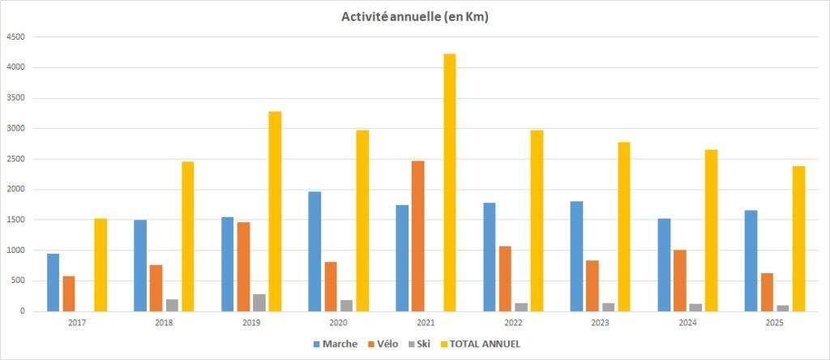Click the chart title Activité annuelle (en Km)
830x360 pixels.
pyautogui.click(x=414, y=17)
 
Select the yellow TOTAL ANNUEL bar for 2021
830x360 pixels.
pyautogui.click(x=450, y=182)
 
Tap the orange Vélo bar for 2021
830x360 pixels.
pyautogui.click(x=418, y=236)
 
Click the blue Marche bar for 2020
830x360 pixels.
pyautogui.click(x=314, y=251)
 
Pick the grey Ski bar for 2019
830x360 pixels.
pyautogui.click(x=259, y=302)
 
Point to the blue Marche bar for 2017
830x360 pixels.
pyautogui.click(x=53, y=282)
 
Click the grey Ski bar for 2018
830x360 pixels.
pyautogui.click(x=172, y=305)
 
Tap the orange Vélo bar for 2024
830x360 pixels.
pyautogui.click(x=680, y=281)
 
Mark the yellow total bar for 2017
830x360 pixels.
pyautogui.click(x=101, y=265)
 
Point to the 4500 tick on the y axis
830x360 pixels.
pyautogui.click(x=15, y=37)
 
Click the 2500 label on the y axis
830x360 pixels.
pyautogui.click(x=15, y=159)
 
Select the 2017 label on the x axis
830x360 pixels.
pyautogui.click(x=77, y=322)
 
